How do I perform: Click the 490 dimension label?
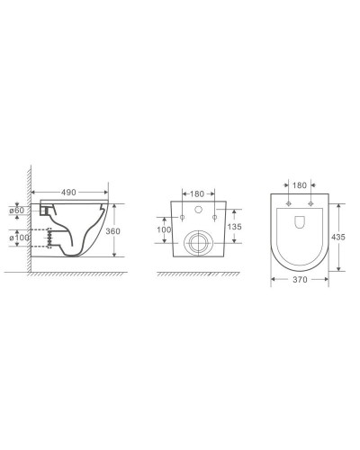click(x=68, y=193)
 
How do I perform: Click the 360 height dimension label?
click(x=112, y=231)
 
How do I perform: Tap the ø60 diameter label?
click(x=17, y=211)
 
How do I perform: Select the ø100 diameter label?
click(x=20, y=238)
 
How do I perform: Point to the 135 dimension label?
click(x=234, y=227)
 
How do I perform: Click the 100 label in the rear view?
click(x=164, y=229)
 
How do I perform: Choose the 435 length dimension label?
click(x=338, y=237)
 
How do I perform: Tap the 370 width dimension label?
click(x=300, y=280)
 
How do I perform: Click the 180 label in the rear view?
click(x=197, y=194)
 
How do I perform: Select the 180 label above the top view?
click(x=300, y=185)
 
